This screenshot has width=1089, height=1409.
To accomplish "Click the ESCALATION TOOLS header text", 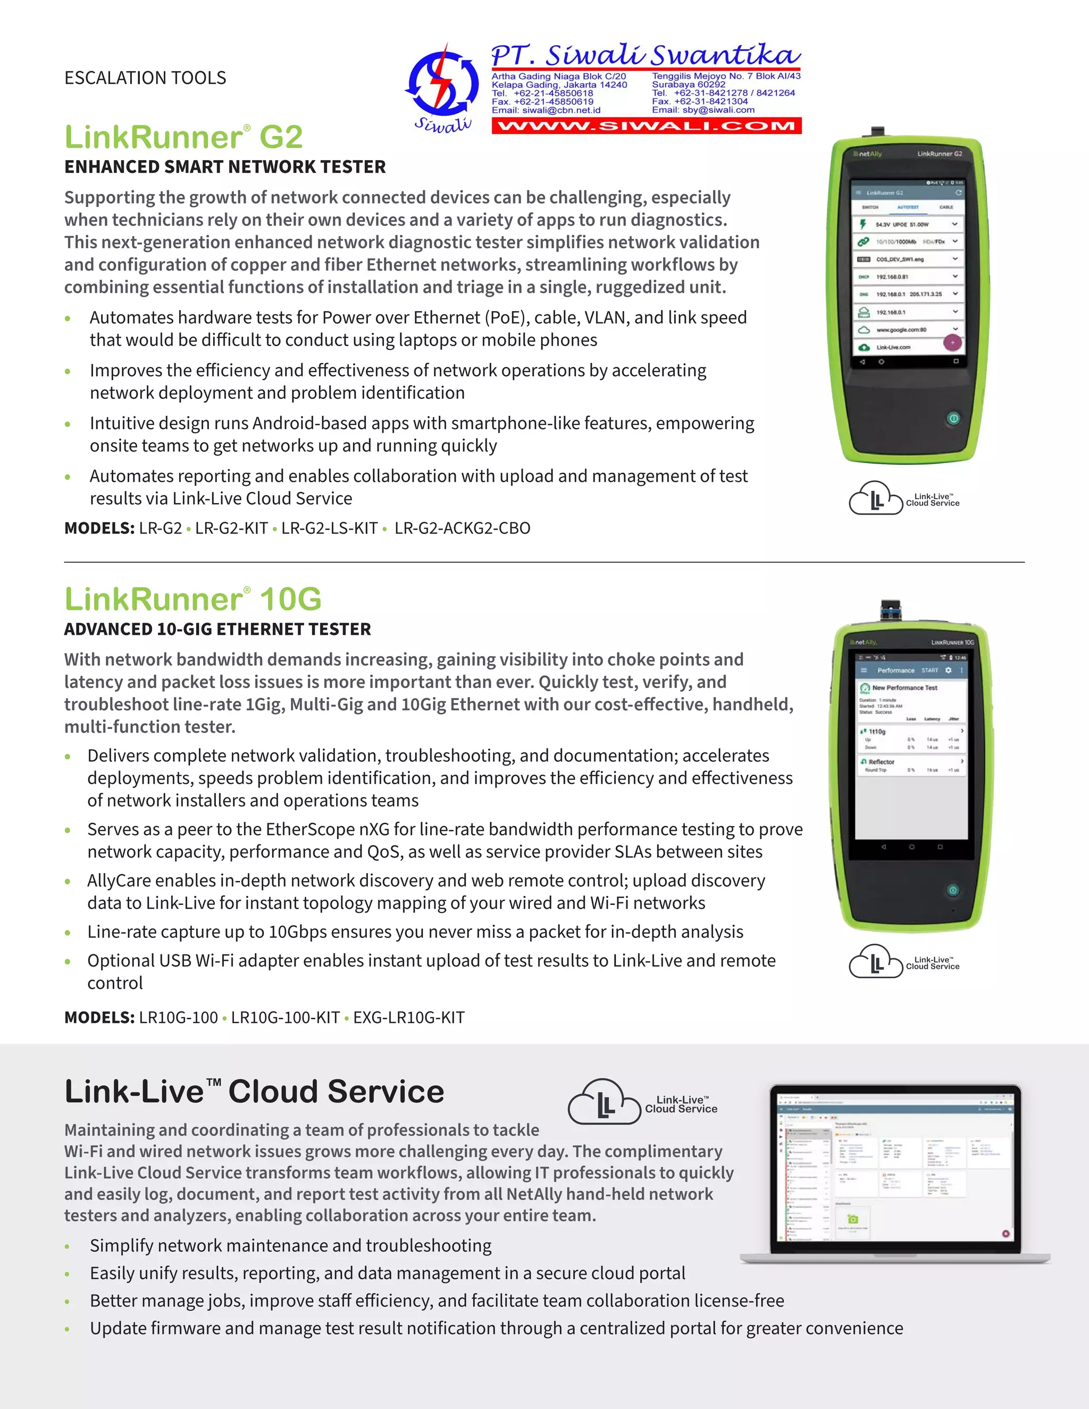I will [145, 78].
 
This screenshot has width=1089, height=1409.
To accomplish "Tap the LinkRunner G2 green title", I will [184, 137].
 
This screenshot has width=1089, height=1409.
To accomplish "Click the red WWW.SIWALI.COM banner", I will [647, 126].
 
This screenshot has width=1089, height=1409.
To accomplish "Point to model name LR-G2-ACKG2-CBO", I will [462, 529].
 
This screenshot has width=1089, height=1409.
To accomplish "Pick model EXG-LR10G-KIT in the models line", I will [408, 1017].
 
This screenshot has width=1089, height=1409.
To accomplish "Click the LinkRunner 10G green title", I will [193, 599].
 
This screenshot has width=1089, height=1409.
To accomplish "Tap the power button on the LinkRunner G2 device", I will [953, 418].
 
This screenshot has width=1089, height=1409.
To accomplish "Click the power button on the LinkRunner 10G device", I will [952, 890].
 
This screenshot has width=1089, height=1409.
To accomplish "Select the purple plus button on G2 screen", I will [952, 342].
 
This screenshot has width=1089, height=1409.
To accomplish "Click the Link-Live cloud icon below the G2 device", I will [875, 498].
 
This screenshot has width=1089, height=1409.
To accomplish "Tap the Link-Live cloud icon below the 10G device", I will [875, 961].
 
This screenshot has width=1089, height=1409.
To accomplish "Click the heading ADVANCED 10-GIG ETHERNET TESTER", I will [217, 629].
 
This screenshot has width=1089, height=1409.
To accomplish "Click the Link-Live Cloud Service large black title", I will [254, 1092].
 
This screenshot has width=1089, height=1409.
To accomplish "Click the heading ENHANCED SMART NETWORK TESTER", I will [224, 167].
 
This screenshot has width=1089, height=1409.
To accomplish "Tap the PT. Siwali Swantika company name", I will [645, 55].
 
